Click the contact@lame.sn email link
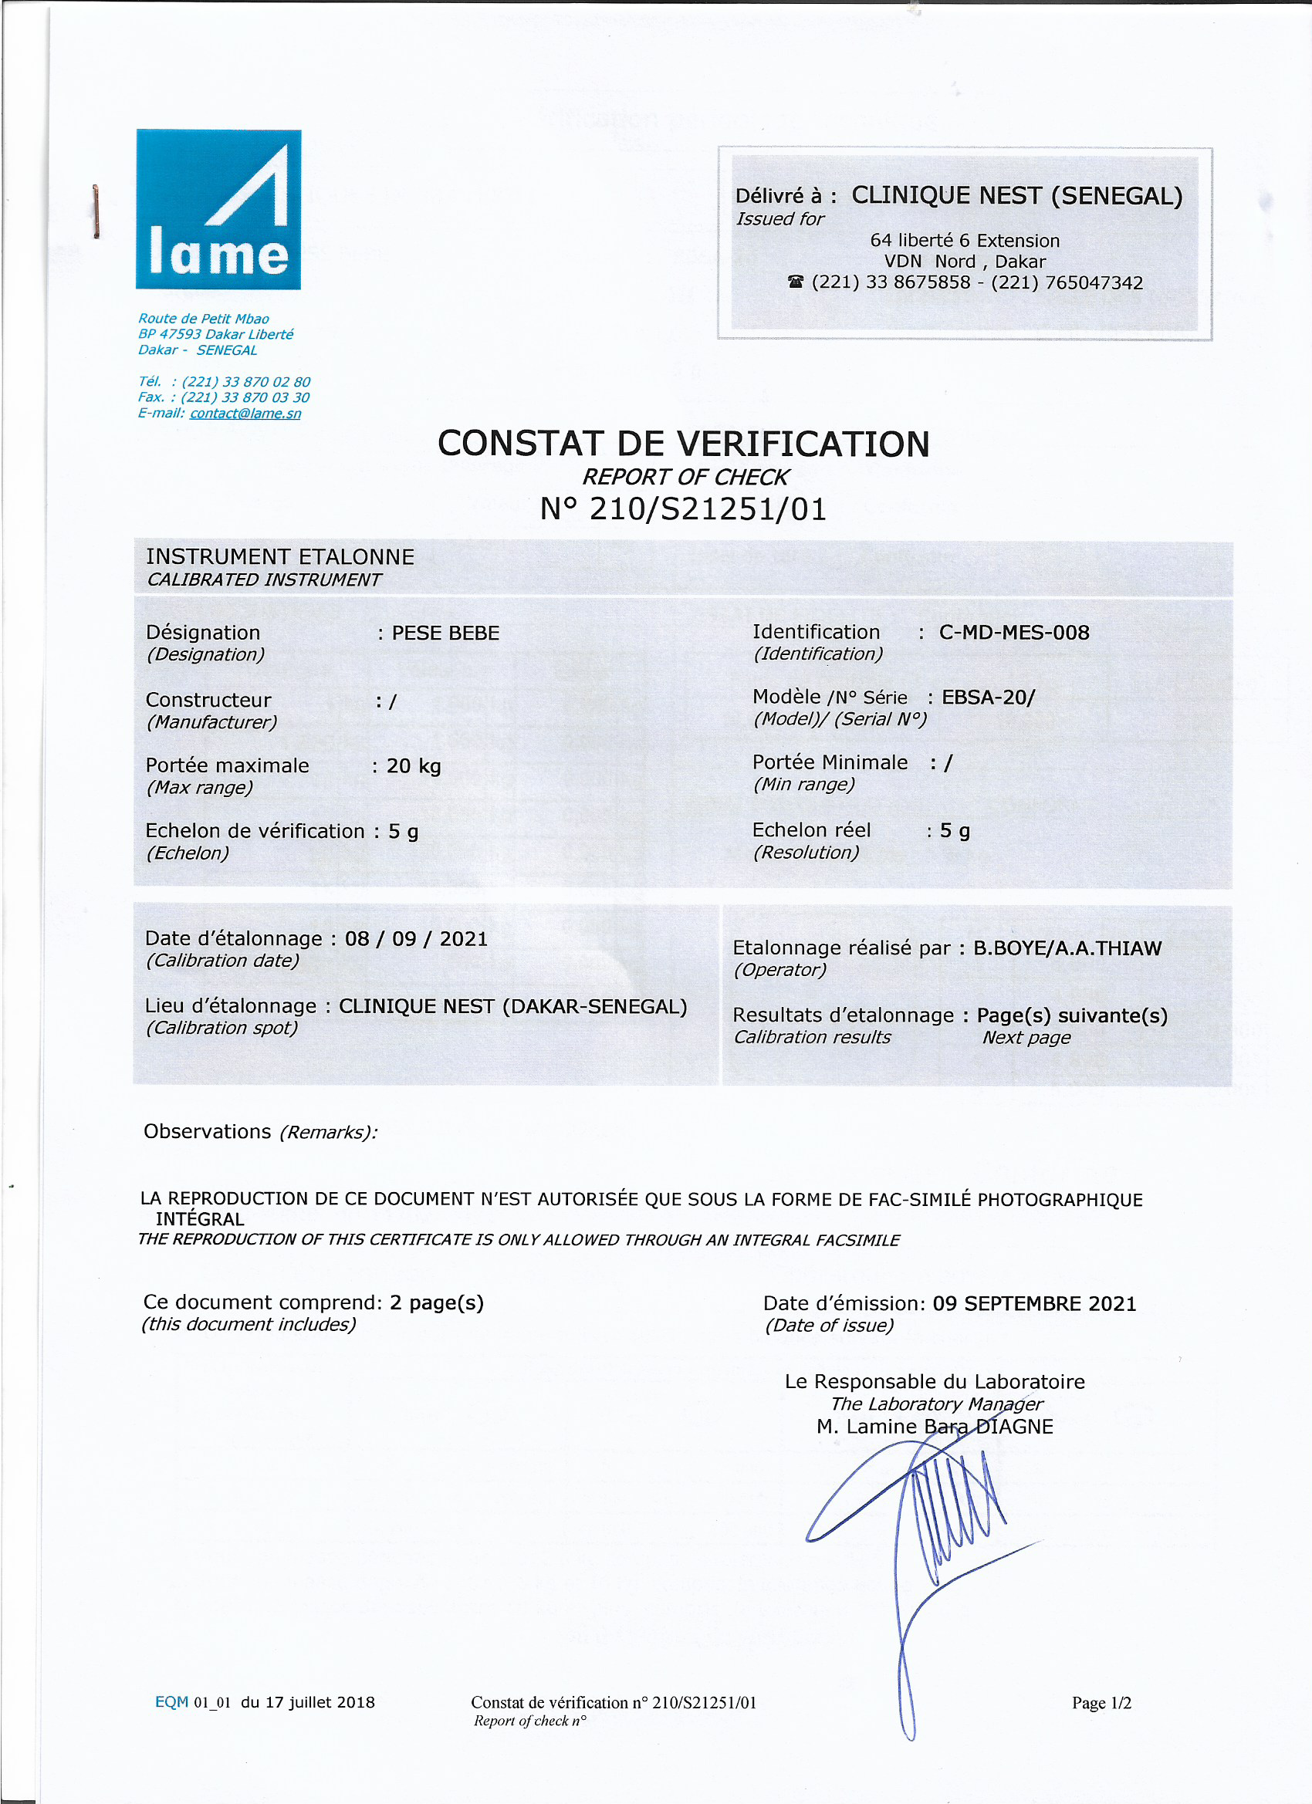[245, 413]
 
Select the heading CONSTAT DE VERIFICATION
[684, 444]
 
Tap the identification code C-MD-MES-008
[1013, 633]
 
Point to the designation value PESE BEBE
[445, 633]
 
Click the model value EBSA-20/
[988, 698]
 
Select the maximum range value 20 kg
[414, 766]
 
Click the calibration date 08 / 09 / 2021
[416, 938]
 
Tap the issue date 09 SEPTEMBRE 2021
[1034, 1304]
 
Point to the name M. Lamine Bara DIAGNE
[934, 1426]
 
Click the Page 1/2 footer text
[1101, 1703]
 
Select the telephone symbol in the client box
[796, 282]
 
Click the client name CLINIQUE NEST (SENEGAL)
[1017, 196]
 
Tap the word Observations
[207, 1131]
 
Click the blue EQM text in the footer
[171, 1702]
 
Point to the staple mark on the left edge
[96, 211]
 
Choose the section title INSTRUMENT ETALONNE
[280, 557]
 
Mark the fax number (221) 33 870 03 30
[245, 397]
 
